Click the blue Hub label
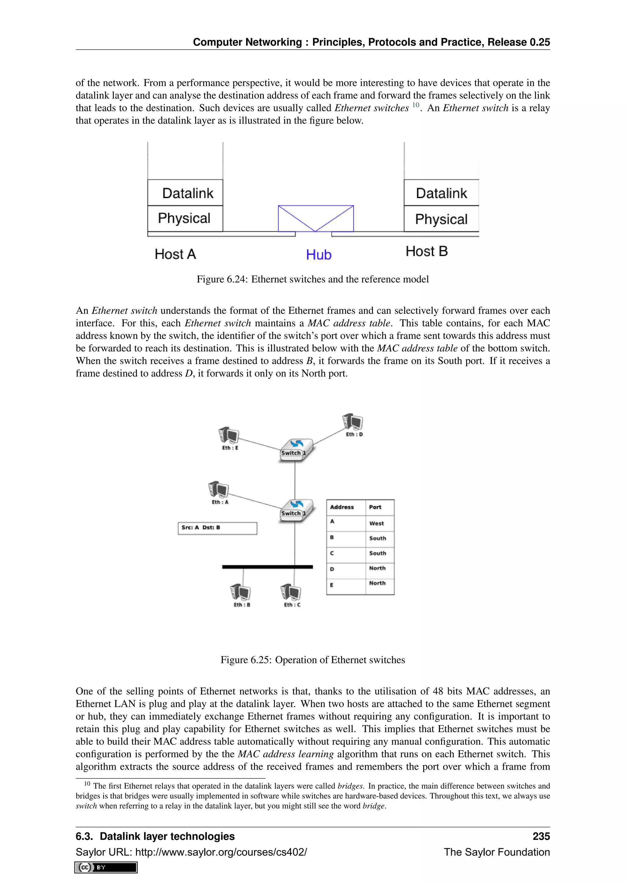[319, 255]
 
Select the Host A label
[175, 254]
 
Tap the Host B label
[426, 252]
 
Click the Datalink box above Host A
[186, 193]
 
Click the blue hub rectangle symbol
[316, 218]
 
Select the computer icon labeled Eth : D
[353, 422]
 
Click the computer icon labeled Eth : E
[229, 436]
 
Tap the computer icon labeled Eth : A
[219, 490]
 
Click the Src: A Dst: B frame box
[217, 528]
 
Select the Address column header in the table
[342, 507]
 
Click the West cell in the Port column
[377, 523]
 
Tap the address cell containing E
[332, 585]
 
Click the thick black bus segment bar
[267, 567]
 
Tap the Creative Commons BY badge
[106, 868]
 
